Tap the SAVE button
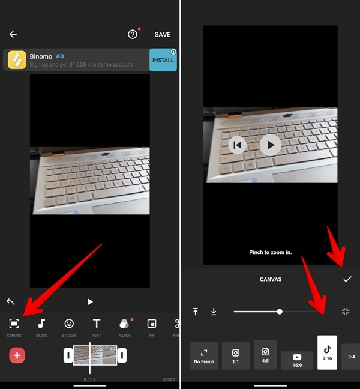point(162,35)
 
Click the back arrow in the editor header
point(13,35)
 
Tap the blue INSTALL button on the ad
point(163,60)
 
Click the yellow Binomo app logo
point(17,60)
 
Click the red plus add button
point(17,355)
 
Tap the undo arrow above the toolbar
point(10,301)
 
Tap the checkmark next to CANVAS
point(347,279)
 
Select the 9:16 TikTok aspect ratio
point(327,352)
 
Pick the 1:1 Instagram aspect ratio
point(236,355)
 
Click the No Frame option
point(204,355)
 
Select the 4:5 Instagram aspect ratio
point(265,354)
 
